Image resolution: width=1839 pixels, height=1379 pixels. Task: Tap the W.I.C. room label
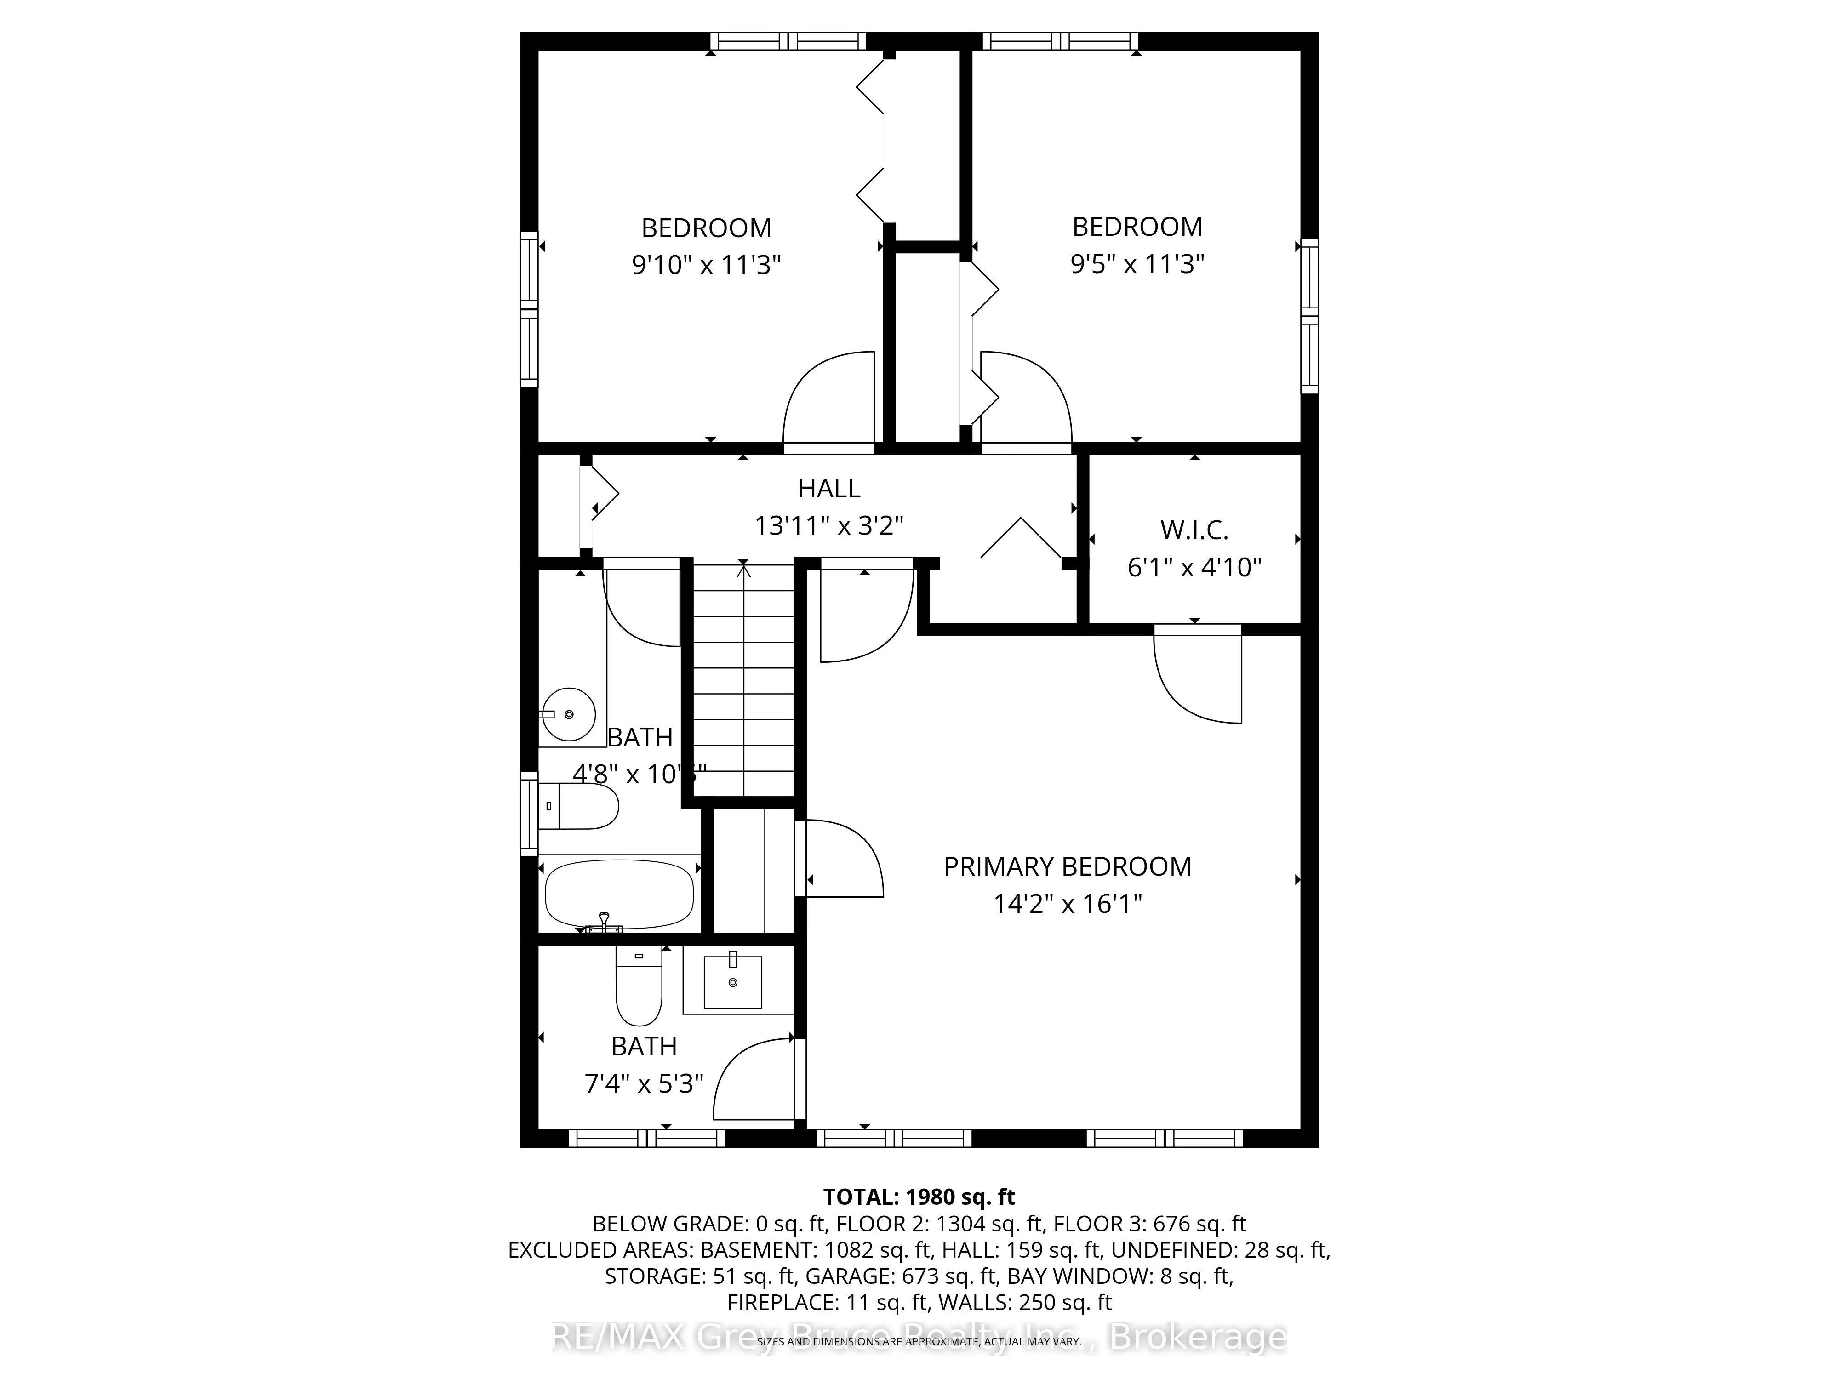pyautogui.click(x=1194, y=530)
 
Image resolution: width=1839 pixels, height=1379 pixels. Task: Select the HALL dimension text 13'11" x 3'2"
pyautogui.click(x=829, y=525)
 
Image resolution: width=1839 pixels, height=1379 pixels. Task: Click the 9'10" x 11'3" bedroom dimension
pyautogui.click(x=707, y=265)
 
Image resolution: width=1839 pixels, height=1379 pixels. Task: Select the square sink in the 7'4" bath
pyautogui.click(x=732, y=982)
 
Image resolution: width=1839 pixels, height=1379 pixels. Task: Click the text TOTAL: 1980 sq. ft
pyautogui.click(x=919, y=1197)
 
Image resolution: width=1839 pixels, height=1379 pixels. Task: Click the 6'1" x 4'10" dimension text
pyautogui.click(x=1194, y=567)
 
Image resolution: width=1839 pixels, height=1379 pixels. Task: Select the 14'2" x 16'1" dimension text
pyautogui.click(x=1068, y=904)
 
